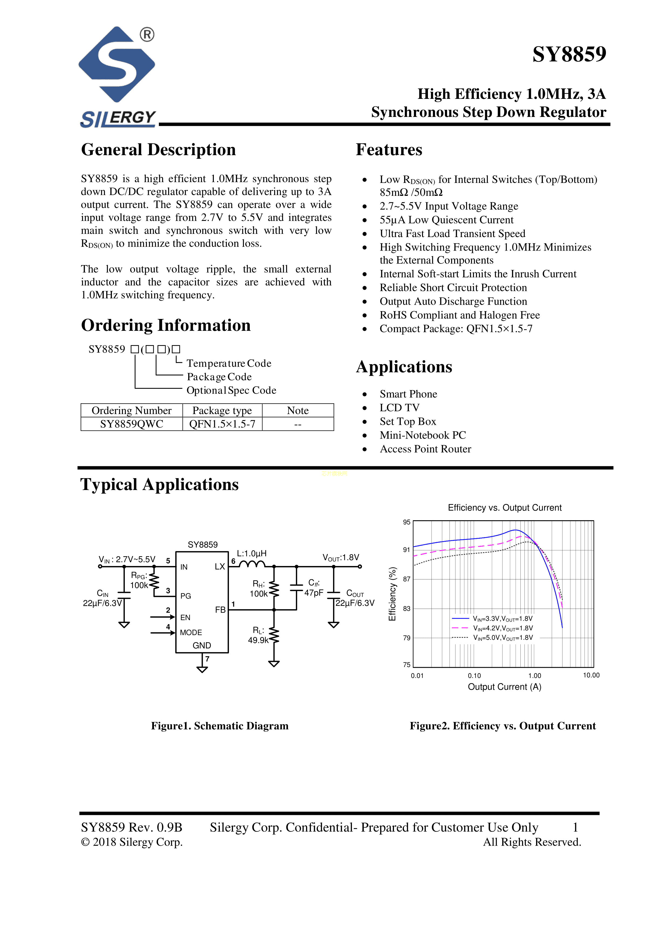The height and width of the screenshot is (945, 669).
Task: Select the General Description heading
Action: click(158, 150)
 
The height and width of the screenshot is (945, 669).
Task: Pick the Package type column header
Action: click(222, 410)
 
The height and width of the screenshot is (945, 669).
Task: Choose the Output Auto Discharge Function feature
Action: click(453, 301)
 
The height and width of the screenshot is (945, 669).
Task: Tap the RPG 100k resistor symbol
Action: click(154, 580)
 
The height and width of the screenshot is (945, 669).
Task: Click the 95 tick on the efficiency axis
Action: click(407, 522)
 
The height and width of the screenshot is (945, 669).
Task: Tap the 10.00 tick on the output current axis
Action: click(591, 675)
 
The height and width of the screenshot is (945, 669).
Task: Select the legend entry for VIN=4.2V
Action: click(503, 628)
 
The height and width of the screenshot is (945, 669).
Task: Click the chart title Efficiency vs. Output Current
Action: click(504, 508)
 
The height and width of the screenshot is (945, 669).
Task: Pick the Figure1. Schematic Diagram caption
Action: click(219, 726)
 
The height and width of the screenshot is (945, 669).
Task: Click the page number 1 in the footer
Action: click(575, 827)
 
